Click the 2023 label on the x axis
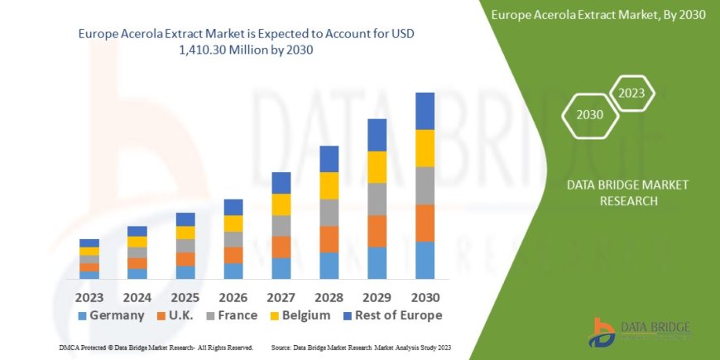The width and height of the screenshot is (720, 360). tap(89, 296)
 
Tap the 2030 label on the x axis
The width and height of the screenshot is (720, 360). tap(425, 296)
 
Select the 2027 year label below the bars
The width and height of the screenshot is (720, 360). tap(281, 296)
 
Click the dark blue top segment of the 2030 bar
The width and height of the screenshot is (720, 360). tap(425, 111)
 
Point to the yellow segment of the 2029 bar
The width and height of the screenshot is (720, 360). tap(377, 167)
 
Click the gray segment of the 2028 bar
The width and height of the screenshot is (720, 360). tap(329, 213)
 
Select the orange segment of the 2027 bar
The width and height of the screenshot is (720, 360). tap(281, 247)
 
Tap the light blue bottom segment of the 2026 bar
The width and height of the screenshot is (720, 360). tap(233, 271)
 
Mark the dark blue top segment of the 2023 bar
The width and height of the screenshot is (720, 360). tap(89, 242)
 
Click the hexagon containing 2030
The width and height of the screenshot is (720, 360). tap(590, 115)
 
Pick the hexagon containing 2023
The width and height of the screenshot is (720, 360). tap(631, 93)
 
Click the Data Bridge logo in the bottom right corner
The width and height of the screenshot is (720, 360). tap(639, 332)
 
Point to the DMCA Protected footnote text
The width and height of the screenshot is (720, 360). tap(156, 347)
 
